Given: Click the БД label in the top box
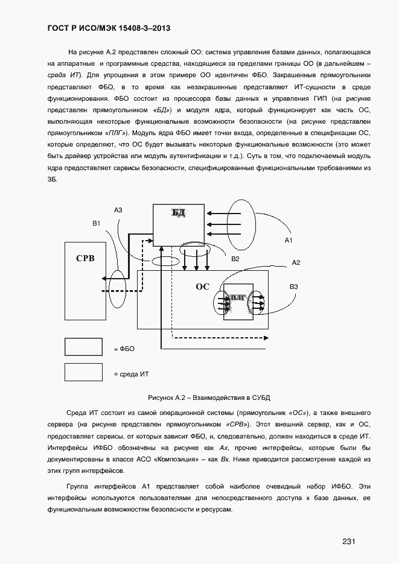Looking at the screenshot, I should pyautogui.click(x=179, y=212).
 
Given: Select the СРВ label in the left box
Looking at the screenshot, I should pyautogui.click(x=85, y=258).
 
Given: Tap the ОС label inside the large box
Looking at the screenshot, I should pyautogui.click(x=202, y=287).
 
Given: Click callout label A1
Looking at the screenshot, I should pyautogui.click(x=289, y=240).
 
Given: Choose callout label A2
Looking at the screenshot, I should pyautogui.click(x=296, y=262).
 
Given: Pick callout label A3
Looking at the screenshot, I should pyautogui.click(x=118, y=210).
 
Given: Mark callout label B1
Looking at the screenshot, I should pyautogui.click(x=96, y=224).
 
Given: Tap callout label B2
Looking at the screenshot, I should pyautogui.click(x=235, y=259).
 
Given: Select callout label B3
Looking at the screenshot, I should pyautogui.click(x=293, y=287).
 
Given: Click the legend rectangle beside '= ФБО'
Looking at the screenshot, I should pyautogui.click(x=83, y=347).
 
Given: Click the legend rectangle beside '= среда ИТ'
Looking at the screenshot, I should pyautogui.click(x=83, y=372).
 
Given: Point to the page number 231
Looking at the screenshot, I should pyautogui.click(x=348, y=541).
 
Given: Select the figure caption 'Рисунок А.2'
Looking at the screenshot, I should pyautogui.click(x=208, y=398).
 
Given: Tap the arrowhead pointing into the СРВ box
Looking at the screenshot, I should pyautogui.click(x=105, y=278).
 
